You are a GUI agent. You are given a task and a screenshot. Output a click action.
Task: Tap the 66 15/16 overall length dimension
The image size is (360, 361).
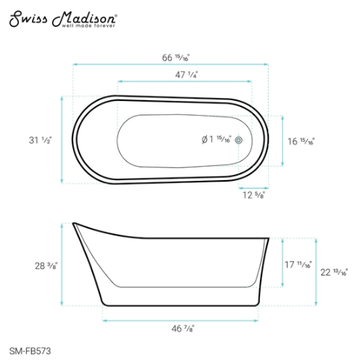tap(170, 58)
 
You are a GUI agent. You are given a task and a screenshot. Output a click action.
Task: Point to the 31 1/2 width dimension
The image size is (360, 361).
tap(39, 140)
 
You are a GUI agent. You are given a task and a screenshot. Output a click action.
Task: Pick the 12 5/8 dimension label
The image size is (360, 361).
tap(254, 197)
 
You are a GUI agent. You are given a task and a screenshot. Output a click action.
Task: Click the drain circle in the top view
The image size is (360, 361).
tap(240, 140)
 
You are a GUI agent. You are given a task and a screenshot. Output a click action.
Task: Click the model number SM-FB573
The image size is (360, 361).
tap(30, 349)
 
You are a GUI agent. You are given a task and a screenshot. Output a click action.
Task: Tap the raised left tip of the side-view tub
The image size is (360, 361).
tap(74, 223)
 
